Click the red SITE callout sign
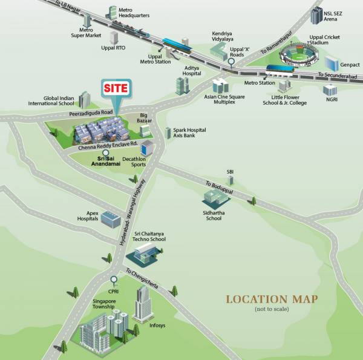tap(115, 88)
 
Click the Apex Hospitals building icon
tap(111, 218)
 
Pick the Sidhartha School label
tap(214, 215)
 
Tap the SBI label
tap(230, 172)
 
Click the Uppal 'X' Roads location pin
tap(231, 62)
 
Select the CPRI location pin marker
tap(113, 280)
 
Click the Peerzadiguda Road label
tap(91, 113)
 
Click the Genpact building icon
tap(332, 63)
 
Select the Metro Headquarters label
tap(134, 13)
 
